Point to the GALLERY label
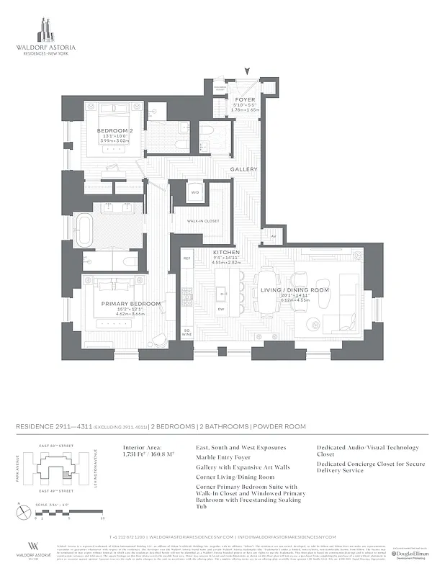pos(243,169)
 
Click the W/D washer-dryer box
pos(194,193)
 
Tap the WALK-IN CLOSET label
pos(203,221)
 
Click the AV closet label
pos(273,236)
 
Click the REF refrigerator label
pos(186,258)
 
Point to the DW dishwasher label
pos(222,310)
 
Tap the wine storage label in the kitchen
pos(186,333)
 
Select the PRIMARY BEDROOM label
pos(131,304)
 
